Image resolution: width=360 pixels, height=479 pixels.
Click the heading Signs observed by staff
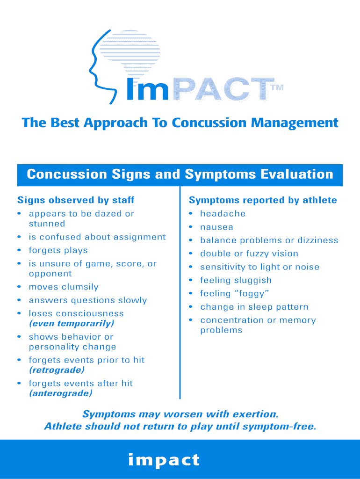[76, 200]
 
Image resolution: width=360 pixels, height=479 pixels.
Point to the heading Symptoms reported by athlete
[263, 200]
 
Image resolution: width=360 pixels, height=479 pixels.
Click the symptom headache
[223, 214]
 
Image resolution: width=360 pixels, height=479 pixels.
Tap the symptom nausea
[216, 227]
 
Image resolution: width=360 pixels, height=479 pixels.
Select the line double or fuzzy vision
[249, 254]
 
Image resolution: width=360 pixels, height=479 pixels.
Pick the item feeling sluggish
[236, 280]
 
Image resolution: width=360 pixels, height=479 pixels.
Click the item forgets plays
[58, 250]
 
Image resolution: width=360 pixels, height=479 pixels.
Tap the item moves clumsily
[64, 287]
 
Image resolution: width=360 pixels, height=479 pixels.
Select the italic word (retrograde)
[57, 370]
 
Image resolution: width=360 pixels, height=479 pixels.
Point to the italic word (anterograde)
[60, 393]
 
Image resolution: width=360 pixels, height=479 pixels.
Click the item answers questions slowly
[87, 300]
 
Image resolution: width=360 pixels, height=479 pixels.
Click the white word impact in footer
[164, 460]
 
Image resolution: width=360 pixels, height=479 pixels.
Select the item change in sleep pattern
[254, 307]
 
